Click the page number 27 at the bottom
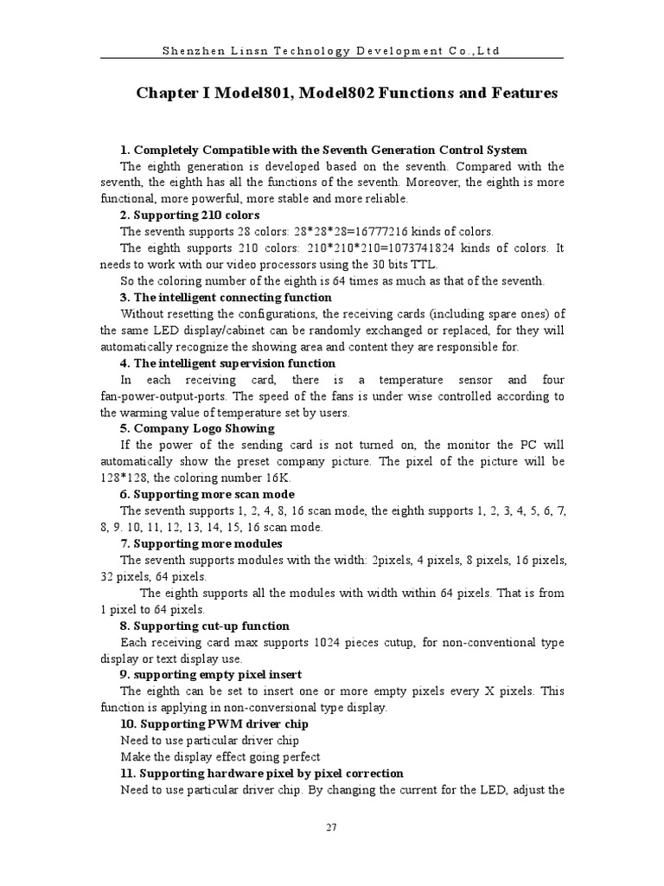pyautogui.click(x=331, y=827)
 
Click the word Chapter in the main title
pyautogui.click(x=167, y=93)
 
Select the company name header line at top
pyautogui.click(x=331, y=50)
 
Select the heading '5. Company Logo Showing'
pyautogui.click(x=197, y=428)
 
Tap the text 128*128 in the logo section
pyautogui.click(x=122, y=478)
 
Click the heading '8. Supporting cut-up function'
pyautogui.click(x=205, y=626)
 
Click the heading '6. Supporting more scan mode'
pyautogui.click(x=207, y=494)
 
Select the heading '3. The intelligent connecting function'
pyautogui.click(x=226, y=297)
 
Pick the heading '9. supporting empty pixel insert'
pyautogui.click(x=211, y=675)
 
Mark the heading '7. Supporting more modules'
pyautogui.click(x=201, y=543)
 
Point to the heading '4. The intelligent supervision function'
pyautogui.click(x=228, y=363)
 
